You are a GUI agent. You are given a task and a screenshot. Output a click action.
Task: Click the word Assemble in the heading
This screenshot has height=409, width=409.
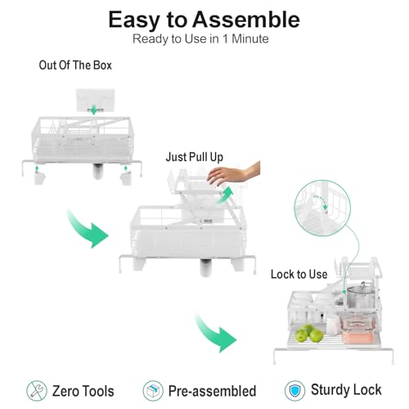point(246,19)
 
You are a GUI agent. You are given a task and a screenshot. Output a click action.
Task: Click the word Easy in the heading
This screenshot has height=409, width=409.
point(134,20)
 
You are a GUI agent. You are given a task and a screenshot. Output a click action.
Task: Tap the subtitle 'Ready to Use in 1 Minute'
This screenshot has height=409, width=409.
point(200,38)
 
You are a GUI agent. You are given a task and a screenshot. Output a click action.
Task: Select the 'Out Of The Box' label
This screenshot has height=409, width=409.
point(75,65)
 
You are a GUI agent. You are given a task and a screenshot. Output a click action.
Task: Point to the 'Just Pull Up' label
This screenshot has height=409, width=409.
point(195,157)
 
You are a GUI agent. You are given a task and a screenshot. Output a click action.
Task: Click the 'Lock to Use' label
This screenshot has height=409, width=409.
point(299,274)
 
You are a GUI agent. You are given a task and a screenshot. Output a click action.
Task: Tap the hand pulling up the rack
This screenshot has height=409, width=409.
point(233,173)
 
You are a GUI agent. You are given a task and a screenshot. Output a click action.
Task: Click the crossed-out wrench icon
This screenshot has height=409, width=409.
point(37,391)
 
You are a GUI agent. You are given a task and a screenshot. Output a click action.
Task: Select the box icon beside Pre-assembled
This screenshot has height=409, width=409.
point(153,391)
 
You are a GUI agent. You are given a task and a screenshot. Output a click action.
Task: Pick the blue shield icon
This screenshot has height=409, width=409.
point(294,391)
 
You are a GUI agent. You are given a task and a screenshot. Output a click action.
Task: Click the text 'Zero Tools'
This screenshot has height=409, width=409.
point(83,391)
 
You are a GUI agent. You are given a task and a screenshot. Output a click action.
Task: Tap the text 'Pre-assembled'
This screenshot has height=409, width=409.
point(212,391)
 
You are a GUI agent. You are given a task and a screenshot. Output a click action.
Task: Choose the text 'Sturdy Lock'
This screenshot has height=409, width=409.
point(346,390)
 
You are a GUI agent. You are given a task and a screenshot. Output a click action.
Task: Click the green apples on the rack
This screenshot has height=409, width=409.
point(309,333)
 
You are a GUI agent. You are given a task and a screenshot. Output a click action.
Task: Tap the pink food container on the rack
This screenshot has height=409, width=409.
point(357,329)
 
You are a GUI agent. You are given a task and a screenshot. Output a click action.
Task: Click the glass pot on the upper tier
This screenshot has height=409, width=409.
point(361,295)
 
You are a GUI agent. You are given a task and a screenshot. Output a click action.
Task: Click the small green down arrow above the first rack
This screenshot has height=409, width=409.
point(93,110)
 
